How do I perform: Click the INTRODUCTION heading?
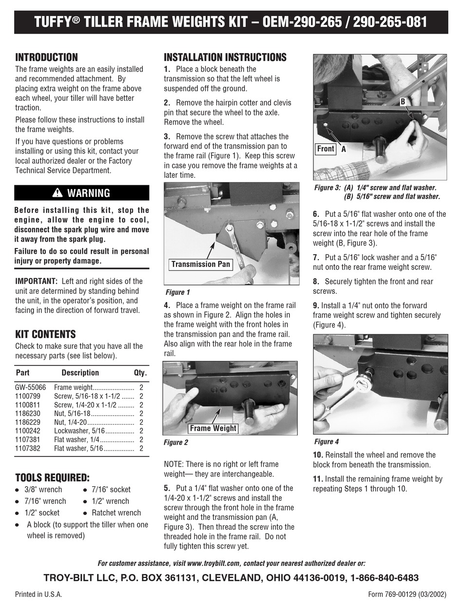click(46, 57)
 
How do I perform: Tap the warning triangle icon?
click(58, 193)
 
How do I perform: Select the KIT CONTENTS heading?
click(45, 334)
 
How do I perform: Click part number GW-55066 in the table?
click(31, 387)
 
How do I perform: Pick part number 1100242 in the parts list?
click(28, 431)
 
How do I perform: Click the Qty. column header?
click(140, 373)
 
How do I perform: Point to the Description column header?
click(80, 373)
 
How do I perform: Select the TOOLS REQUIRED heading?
click(52, 477)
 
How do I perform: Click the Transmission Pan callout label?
click(200, 265)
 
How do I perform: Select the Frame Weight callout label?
click(212, 428)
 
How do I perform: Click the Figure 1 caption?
click(177, 292)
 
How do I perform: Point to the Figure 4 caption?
click(326, 442)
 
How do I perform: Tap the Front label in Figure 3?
click(326, 149)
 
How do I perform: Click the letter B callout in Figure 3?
click(403, 101)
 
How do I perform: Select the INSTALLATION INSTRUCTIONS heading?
click(225, 57)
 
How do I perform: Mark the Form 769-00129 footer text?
click(407, 594)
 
